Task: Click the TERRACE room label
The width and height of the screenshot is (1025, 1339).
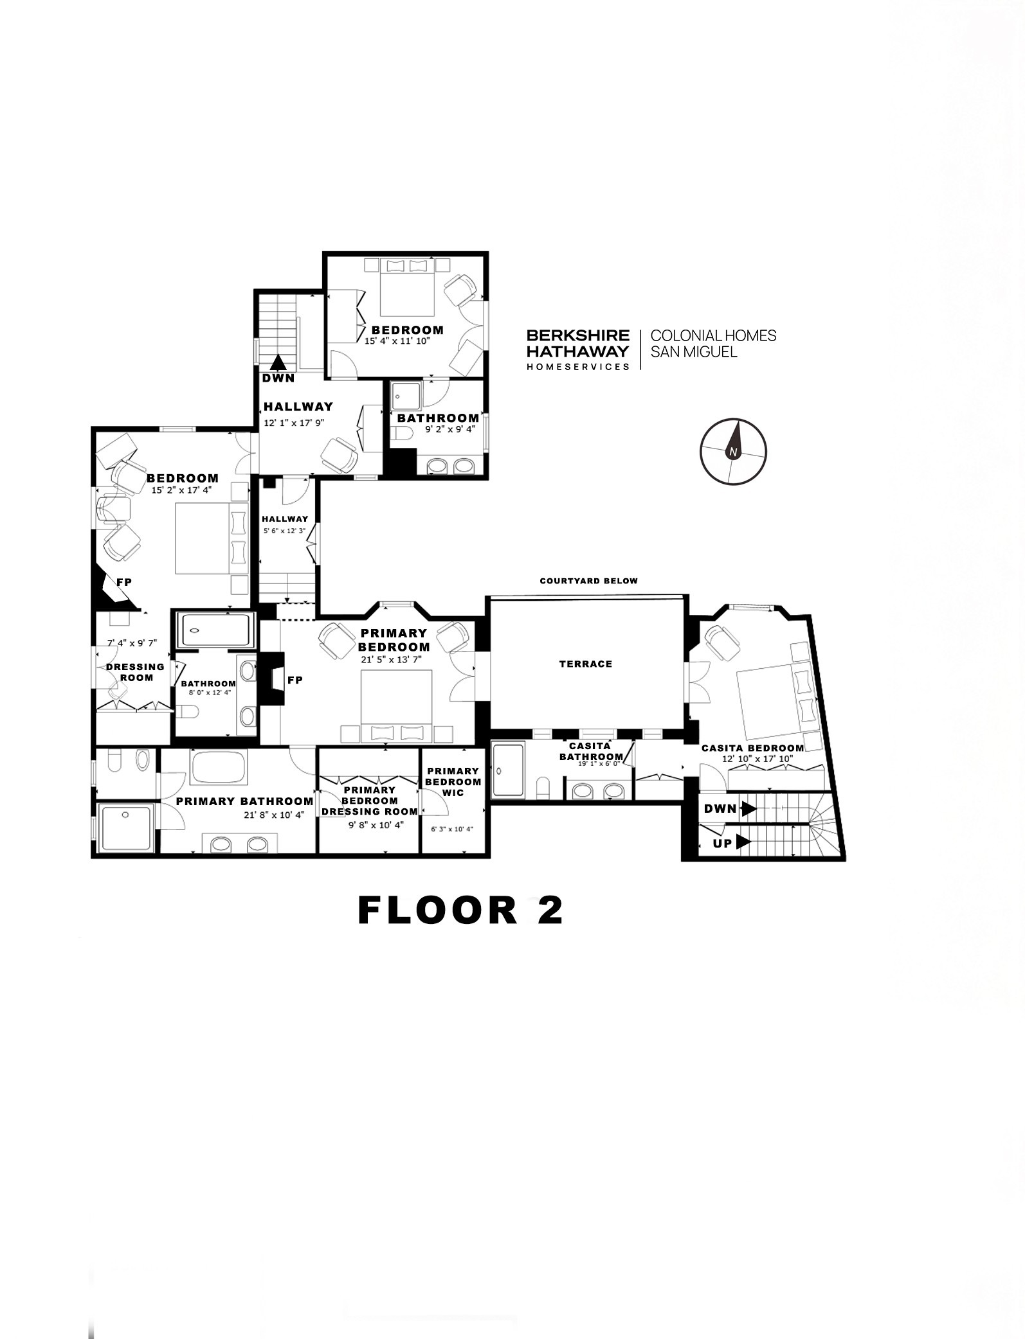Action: pyautogui.click(x=585, y=664)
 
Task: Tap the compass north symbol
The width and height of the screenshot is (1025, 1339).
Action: pyautogui.click(x=733, y=451)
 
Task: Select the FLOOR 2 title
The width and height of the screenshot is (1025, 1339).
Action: pyautogui.click(x=460, y=910)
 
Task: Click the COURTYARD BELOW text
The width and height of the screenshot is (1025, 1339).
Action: pyautogui.click(x=588, y=581)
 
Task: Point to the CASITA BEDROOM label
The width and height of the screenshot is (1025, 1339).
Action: pyautogui.click(x=752, y=748)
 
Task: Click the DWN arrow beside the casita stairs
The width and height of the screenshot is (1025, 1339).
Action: pyautogui.click(x=748, y=809)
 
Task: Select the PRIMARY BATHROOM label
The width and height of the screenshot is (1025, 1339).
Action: pyautogui.click(x=244, y=801)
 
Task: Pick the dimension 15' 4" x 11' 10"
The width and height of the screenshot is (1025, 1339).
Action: pyautogui.click(x=397, y=341)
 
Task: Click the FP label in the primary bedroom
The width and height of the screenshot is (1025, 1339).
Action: pyautogui.click(x=295, y=680)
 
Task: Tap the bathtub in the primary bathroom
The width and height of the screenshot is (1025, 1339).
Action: pyautogui.click(x=219, y=767)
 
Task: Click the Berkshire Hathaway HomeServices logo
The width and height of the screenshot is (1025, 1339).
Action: pyautogui.click(x=578, y=350)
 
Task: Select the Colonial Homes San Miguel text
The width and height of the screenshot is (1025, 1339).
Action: pyautogui.click(x=714, y=344)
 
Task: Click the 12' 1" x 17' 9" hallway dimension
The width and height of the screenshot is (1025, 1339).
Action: pyautogui.click(x=293, y=423)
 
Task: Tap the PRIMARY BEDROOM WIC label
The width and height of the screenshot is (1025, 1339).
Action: pyautogui.click(x=453, y=782)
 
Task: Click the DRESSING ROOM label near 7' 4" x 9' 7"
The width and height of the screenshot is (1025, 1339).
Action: pyautogui.click(x=136, y=672)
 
